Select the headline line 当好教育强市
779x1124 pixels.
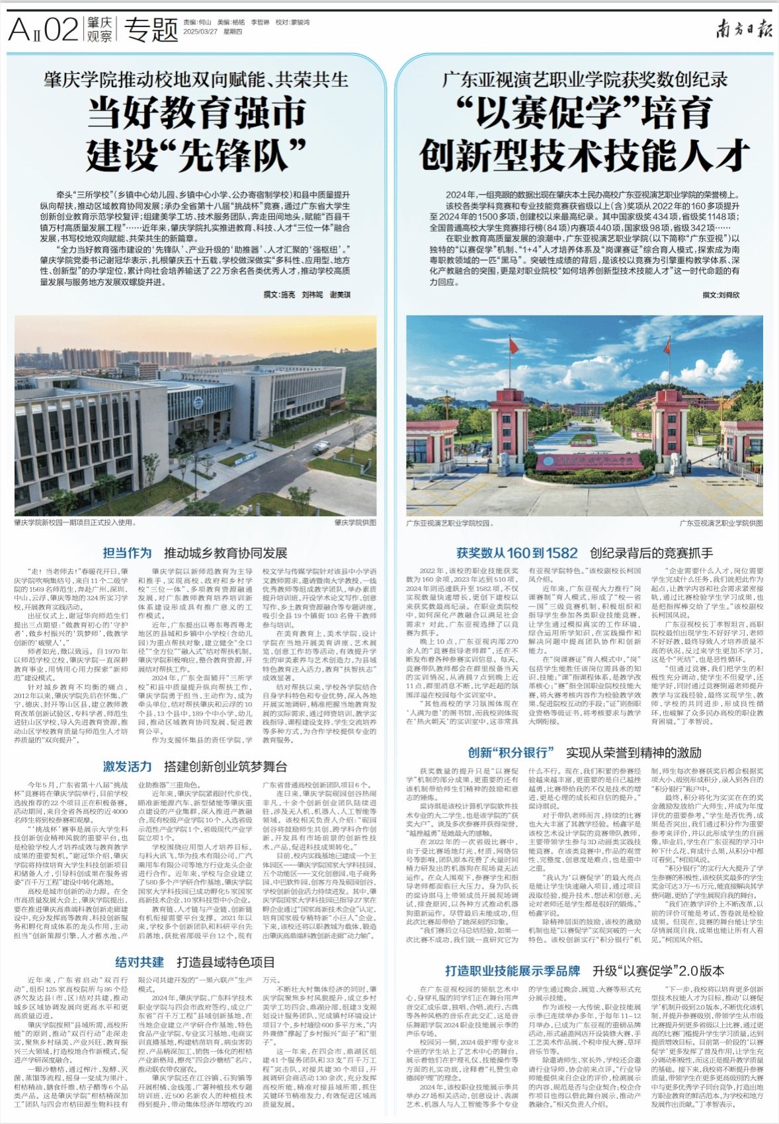(x=198, y=114)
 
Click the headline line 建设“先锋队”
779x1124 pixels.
(x=198, y=153)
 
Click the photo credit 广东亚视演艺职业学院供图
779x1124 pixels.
(x=720, y=522)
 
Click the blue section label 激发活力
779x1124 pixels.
(x=127, y=767)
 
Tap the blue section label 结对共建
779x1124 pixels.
(x=140, y=962)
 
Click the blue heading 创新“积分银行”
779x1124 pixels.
(x=511, y=752)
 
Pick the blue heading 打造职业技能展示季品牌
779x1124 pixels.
(x=513, y=971)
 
